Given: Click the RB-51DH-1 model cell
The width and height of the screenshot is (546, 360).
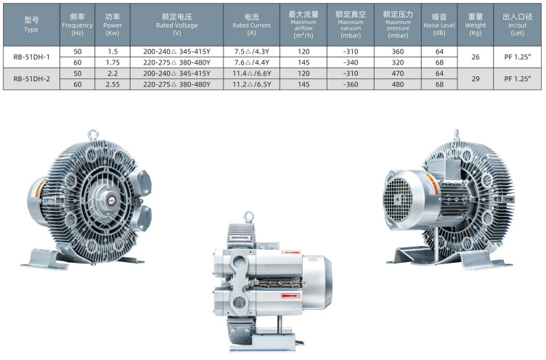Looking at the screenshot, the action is click(x=31, y=57).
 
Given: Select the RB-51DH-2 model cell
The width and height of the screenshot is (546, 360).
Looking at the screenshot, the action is click(x=31, y=79).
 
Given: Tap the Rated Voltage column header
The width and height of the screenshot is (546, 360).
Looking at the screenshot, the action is click(x=177, y=25).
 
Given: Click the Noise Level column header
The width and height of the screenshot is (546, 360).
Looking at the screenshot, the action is click(x=439, y=25).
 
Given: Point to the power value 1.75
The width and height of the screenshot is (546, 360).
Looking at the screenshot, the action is click(x=113, y=62).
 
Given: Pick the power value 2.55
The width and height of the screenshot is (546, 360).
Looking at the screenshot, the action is click(x=113, y=84).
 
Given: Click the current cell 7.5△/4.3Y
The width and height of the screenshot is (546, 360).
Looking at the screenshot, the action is click(x=251, y=52).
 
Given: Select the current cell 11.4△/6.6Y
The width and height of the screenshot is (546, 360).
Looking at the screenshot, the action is click(x=251, y=73).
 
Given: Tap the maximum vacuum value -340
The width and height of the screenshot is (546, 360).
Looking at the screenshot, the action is click(x=351, y=62).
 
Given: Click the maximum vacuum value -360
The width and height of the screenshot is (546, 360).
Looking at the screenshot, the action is click(x=351, y=84).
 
